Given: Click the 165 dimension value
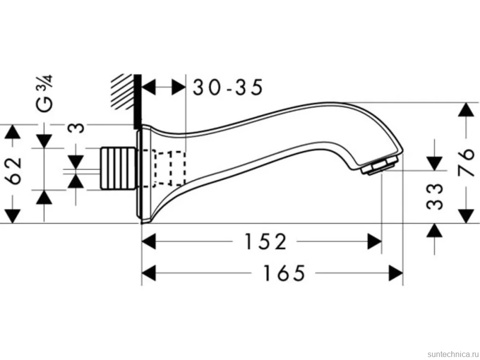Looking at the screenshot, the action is tap(285, 273).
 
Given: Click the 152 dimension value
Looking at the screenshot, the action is tap(265, 241).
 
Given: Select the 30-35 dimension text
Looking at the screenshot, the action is tap(228, 87).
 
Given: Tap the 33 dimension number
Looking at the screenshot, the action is tap(435, 197).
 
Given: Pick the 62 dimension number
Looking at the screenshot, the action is tap(14, 171).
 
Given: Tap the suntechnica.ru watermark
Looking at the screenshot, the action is tap(453, 354).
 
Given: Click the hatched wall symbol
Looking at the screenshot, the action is tap(123, 91).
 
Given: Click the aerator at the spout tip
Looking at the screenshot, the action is tap(380, 166).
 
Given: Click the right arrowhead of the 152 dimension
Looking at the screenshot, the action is tap(375, 241).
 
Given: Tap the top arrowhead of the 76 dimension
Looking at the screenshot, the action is tap(466, 109).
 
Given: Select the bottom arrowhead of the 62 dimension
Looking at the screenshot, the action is tap(12, 216).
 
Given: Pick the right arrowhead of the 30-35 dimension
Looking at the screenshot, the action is tap(179, 87).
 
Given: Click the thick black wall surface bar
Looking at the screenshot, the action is tap(138, 102).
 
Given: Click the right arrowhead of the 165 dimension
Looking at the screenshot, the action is tap(395, 273).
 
